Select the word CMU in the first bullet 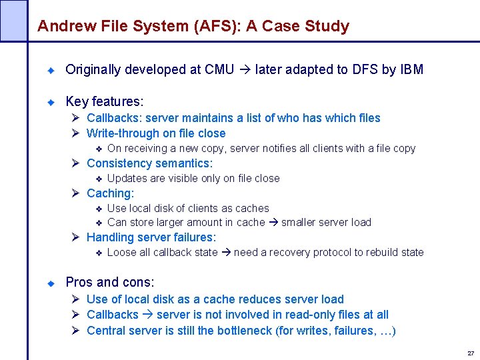tap(219, 69)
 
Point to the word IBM tap(411, 69)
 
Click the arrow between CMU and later tap(245, 69)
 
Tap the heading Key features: tap(105, 101)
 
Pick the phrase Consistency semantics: tap(150, 163)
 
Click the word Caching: tap(111, 193)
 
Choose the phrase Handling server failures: tap(151, 237)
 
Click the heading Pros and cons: tap(110, 282)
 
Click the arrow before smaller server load tap(273, 223)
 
